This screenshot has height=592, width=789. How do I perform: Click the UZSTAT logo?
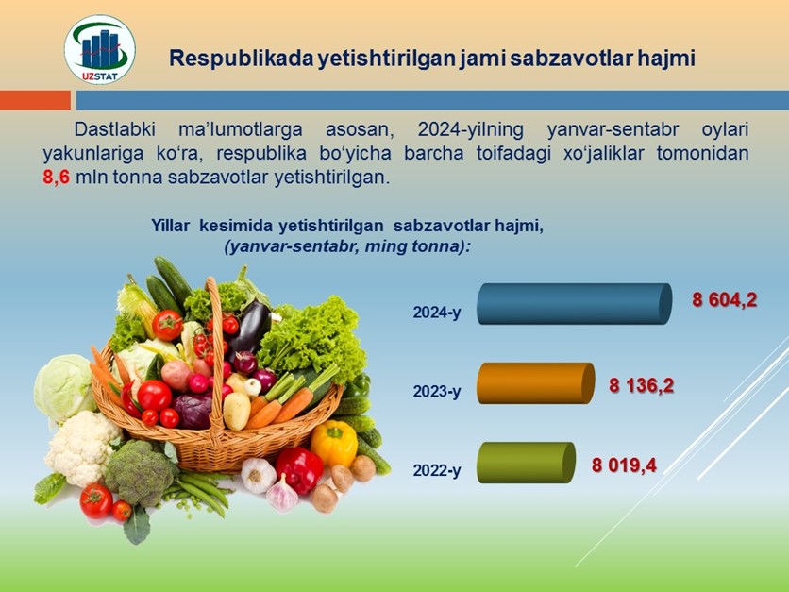(x=100, y=49)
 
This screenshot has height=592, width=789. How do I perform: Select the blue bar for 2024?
(x=574, y=303)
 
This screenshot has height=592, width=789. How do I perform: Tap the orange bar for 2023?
(x=535, y=383)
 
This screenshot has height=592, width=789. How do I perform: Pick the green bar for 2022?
(x=526, y=463)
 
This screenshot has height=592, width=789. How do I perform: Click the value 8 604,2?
(x=724, y=300)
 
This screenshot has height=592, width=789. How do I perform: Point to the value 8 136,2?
(x=641, y=386)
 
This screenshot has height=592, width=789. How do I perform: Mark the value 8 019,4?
(x=624, y=465)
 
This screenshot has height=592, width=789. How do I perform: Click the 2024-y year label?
(x=437, y=313)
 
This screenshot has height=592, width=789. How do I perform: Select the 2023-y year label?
(x=437, y=391)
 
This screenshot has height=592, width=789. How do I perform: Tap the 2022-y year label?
(x=437, y=470)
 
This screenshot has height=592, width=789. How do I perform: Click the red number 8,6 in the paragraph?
(x=56, y=178)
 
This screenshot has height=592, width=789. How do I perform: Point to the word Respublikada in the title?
(x=240, y=59)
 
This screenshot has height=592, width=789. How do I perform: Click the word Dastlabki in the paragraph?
(x=115, y=129)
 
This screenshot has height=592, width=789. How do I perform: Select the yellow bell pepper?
(x=334, y=443)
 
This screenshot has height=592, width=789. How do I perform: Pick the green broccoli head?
(x=140, y=473)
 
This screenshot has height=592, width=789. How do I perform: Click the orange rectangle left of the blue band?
(x=35, y=100)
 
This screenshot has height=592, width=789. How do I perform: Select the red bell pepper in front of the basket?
(x=299, y=470)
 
